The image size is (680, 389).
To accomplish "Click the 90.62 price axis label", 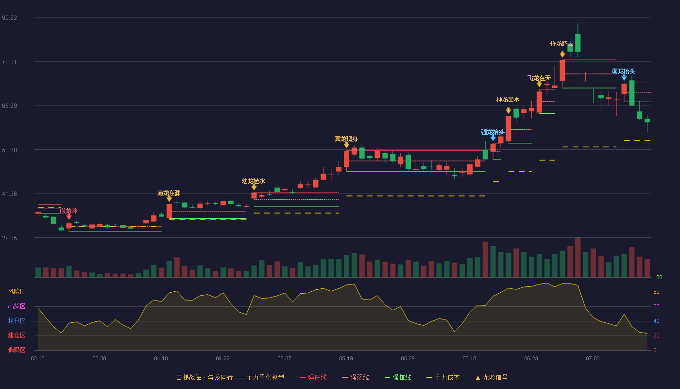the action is coord(9,18).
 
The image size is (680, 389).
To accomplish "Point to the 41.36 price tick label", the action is coord(9,194).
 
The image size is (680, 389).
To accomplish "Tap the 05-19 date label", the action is coord(346,359).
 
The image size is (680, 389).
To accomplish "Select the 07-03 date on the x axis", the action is coord(593,359).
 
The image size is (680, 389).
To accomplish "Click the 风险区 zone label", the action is coord(17,292).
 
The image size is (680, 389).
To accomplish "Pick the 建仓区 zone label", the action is coord(17,336).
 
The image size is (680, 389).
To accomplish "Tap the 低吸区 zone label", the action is coord(17,350).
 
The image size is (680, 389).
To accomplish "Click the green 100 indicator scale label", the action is coord(658,277).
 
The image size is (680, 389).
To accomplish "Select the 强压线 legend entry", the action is coord(313,377).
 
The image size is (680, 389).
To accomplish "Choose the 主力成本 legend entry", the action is coord(443,377).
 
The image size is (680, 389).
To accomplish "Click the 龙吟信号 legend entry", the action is coord(492,377).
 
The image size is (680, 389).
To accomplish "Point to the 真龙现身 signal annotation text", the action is coord(346,139).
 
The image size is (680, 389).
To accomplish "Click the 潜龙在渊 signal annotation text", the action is coord(169,193).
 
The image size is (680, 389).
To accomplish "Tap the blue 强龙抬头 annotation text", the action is coord(493,132).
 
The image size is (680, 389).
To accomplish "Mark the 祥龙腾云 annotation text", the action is coord(562,44).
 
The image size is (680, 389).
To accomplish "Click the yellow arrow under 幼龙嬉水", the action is coord(254,187).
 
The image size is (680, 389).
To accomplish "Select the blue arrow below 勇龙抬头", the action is coord(624,78).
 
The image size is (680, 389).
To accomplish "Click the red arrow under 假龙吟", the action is coord(69,217).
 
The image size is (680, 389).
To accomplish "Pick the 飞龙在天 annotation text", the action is coord(539,78).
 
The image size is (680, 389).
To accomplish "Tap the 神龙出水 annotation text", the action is coord(508,100).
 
